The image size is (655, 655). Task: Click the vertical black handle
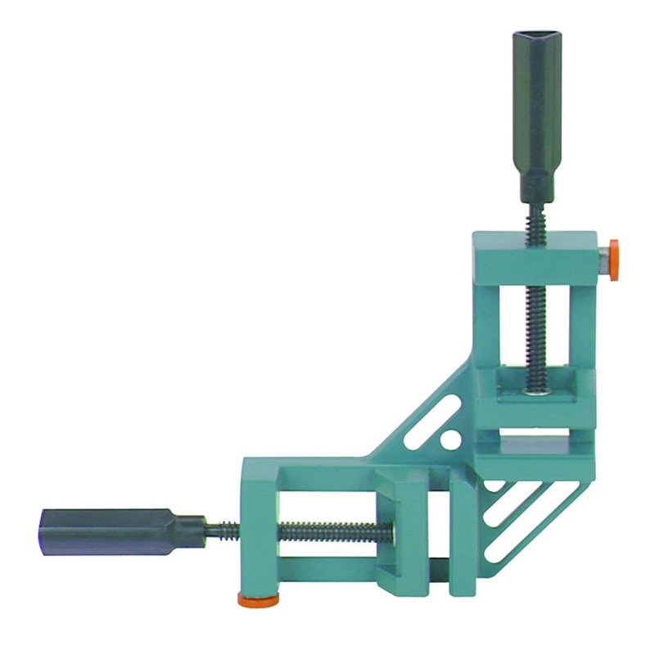coord(536,115)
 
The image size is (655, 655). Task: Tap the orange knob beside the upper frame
coord(613,260)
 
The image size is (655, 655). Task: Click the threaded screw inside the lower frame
coord(336,533)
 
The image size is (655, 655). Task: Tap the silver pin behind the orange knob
coord(603,260)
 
